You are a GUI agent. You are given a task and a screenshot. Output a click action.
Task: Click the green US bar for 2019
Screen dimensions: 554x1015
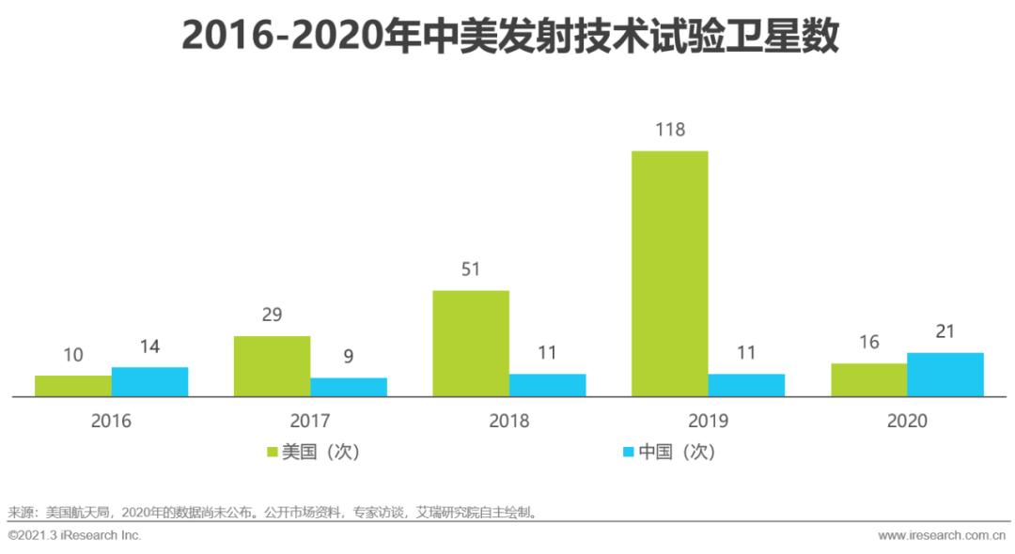(669, 273)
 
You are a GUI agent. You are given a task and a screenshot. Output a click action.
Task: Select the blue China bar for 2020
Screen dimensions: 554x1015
(945, 375)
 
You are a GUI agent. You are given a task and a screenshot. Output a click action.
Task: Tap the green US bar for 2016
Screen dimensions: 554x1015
(73, 386)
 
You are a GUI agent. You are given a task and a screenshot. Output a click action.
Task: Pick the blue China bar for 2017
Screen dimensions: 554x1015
(349, 387)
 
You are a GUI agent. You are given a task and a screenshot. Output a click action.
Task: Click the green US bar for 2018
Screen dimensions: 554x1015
(471, 344)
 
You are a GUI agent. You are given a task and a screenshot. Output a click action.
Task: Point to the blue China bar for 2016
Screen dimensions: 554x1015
(149, 382)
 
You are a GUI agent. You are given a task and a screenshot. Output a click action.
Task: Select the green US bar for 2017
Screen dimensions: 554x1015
(272, 366)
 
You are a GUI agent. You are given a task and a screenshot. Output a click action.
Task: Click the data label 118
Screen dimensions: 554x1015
(669, 130)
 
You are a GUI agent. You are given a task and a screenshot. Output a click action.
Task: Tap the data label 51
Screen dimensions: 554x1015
(471, 269)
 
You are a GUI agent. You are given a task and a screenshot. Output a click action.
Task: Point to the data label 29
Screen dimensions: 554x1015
(272, 315)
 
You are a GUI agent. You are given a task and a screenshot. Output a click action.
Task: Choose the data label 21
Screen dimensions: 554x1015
(945, 331)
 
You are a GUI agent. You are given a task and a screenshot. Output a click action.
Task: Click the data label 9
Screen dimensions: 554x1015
(349, 357)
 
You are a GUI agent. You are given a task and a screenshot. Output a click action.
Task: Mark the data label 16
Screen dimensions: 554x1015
(868, 342)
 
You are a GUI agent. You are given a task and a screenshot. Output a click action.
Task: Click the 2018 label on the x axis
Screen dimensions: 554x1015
(508, 421)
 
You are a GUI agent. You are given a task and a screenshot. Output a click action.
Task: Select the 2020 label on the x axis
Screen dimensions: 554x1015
(907, 421)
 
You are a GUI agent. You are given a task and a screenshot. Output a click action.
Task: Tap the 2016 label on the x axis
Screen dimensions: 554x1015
(111, 421)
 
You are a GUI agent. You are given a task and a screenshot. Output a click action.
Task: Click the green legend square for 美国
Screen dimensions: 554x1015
(273, 452)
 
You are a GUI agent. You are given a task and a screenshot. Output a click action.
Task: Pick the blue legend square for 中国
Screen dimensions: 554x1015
(628, 452)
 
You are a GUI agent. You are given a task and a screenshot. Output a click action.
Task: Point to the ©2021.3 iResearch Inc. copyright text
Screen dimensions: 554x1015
(74, 535)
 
